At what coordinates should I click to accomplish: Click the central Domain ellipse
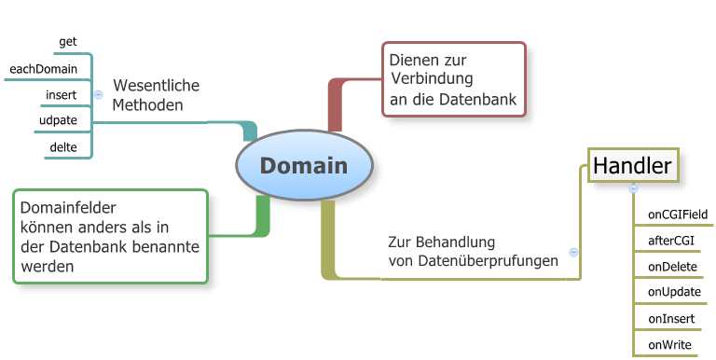(x=305, y=165)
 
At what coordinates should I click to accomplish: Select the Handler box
(x=633, y=165)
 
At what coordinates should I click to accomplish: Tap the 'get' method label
(x=68, y=42)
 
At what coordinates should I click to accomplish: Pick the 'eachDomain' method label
(x=44, y=69)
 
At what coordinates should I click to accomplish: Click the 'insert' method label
(x=62, y=95)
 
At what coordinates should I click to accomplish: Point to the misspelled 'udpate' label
(x=58, y=120)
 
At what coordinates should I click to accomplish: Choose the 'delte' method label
(x=63, y=147)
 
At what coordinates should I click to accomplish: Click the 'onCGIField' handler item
(x=678, y=215)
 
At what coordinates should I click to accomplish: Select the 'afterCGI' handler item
(x=671, y=241)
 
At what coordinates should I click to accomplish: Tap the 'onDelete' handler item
(x=672, y=267)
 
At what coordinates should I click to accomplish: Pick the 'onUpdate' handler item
(x=674, y=293)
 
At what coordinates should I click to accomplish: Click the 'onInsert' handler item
(x=671, y=319)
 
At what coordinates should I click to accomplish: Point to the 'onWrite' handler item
(x=670, y=345)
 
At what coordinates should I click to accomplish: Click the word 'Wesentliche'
(x=157, y=86)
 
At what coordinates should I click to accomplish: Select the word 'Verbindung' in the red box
(x=432, y=78)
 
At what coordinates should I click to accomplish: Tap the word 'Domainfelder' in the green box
(x=68, y=208)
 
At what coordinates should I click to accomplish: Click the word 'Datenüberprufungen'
(x=489, y=261)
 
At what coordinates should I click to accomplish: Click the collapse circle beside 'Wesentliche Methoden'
(x=98, y=94)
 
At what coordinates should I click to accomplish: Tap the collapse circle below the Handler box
(x=633, y=188)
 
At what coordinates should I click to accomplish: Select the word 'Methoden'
(x=147, y=105)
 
